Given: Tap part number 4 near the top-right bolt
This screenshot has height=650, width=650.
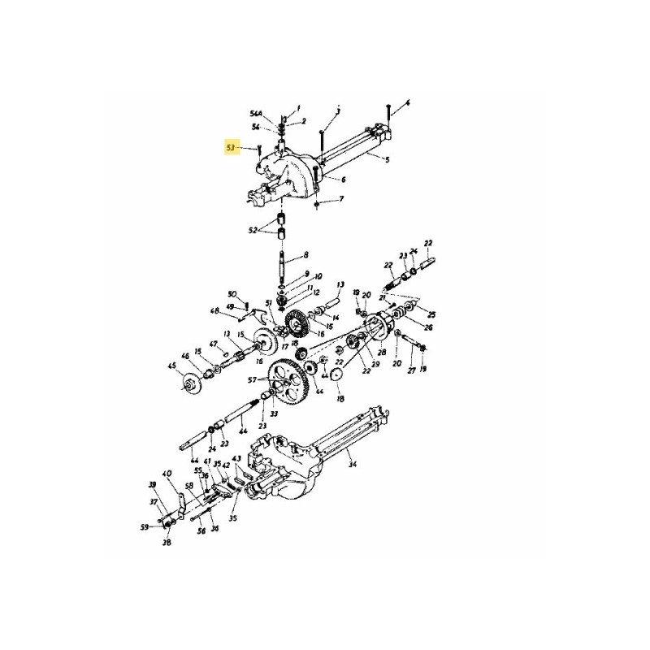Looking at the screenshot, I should click(x=409, y=103).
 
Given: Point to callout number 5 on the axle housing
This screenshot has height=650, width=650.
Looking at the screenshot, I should click(x=387, y=160).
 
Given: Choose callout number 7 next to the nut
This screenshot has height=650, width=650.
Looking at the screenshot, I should click(x=341, y=199).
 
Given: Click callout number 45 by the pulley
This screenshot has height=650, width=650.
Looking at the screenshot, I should click(x=171, y=366).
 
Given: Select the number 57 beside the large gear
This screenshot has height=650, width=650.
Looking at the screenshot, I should click(x=253, y=380).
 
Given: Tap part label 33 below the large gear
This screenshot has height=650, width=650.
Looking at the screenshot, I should click(x=274, y=414).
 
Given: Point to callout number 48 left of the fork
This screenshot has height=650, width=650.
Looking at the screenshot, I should click(x=214, y=311).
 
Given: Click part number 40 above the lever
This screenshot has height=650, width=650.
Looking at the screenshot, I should click(x=167, y=475).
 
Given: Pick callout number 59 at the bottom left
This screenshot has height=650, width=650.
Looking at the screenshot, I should click(x=144, y=527).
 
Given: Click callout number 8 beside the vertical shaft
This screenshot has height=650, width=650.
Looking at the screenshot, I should click(x=305, y=254).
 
